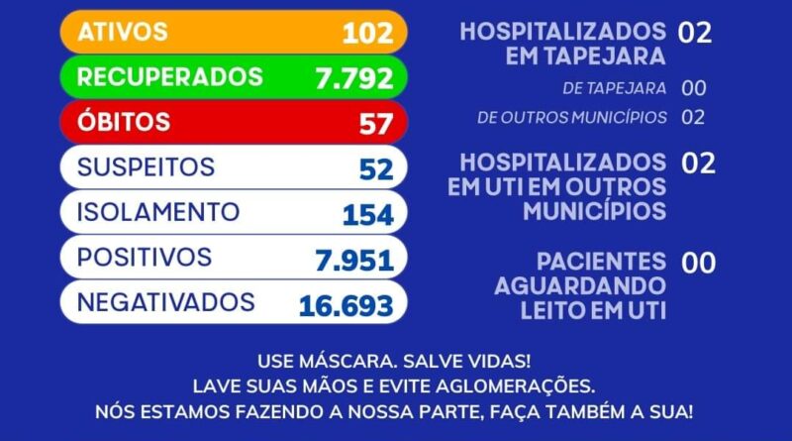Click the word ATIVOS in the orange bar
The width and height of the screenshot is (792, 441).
(123, 32)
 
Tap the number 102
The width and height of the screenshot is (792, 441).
(367, 33)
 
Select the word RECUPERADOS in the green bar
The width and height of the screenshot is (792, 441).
(170, 77)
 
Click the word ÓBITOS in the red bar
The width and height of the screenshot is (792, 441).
(124, 123)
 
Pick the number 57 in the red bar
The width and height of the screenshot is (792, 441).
(375, 124)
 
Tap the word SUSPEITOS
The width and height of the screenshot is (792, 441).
(146, 166)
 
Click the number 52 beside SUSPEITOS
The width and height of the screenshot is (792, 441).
(376, 169)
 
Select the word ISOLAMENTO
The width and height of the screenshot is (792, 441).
(158, 212)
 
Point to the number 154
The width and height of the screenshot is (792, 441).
(367, 214)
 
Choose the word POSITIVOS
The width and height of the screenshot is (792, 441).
(145, 258)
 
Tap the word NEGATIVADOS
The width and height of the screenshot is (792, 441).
(166, 302)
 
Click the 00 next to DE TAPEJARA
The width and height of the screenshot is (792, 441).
(694, 88)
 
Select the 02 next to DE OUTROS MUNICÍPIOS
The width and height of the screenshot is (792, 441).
(694, 117)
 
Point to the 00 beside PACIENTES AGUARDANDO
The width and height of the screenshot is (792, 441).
(698, 263)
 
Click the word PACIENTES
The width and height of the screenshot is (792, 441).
(601, 262)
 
